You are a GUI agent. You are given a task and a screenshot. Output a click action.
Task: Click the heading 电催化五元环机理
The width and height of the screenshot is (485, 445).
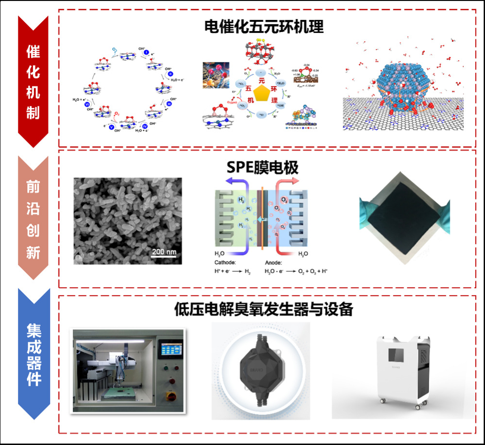coord(264,27)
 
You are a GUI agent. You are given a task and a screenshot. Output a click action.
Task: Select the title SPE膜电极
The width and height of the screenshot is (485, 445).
coord(263,167)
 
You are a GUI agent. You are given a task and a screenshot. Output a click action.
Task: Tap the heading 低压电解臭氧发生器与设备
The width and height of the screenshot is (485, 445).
coord(263,309)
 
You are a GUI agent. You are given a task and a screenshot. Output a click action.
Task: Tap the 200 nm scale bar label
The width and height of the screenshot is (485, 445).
coord(164,251)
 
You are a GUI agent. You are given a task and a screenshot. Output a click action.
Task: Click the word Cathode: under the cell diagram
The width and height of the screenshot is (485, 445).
coord(224,262)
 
